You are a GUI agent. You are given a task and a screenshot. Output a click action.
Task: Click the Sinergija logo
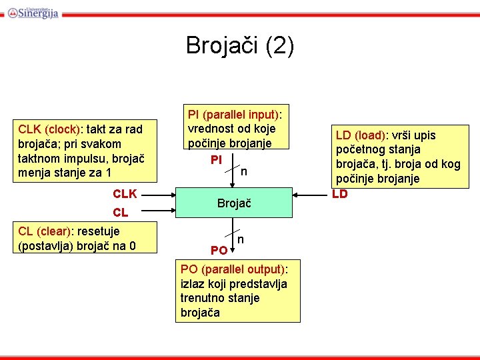(33, 11)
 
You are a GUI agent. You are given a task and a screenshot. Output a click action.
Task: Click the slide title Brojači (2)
(239, 45)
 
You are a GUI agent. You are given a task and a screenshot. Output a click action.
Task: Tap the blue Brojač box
(234, 203)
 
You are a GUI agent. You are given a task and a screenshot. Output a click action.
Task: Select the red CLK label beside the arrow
(125, 194)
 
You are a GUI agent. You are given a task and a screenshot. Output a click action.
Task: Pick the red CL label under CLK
(121, 213)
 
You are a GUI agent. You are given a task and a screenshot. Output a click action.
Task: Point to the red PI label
(216, 160)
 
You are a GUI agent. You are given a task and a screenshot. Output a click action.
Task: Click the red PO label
(219, 251)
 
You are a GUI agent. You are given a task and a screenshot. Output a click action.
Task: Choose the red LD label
(340, 194)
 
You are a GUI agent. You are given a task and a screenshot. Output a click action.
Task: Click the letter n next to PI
(244, 172)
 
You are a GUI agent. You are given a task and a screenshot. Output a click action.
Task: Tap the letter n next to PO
(241, 239)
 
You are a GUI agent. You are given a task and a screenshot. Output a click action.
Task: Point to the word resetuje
(99, 231)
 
